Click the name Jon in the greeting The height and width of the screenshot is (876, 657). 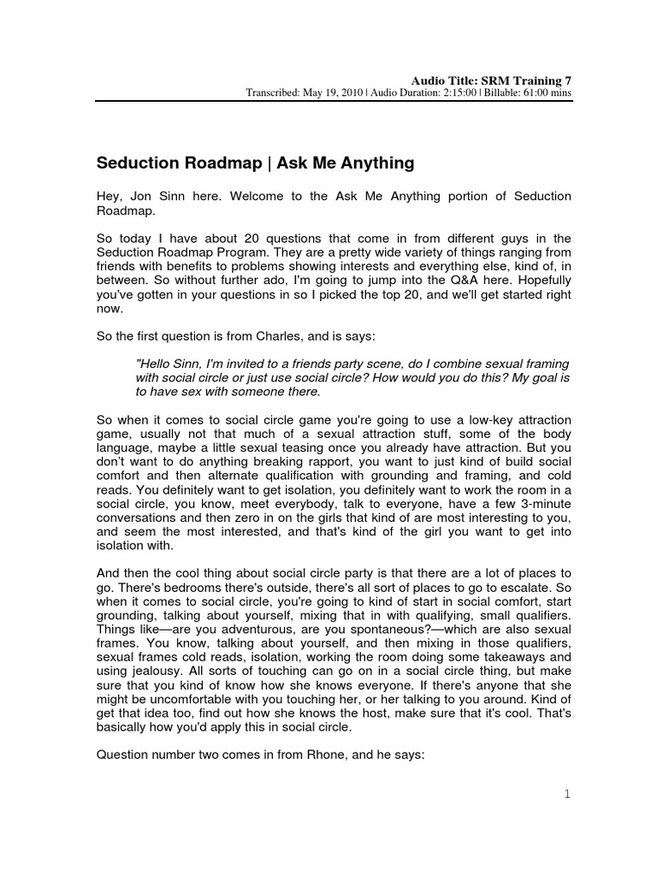[x=137, y=196]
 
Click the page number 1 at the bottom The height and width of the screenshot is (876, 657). [x=566, y=795]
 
